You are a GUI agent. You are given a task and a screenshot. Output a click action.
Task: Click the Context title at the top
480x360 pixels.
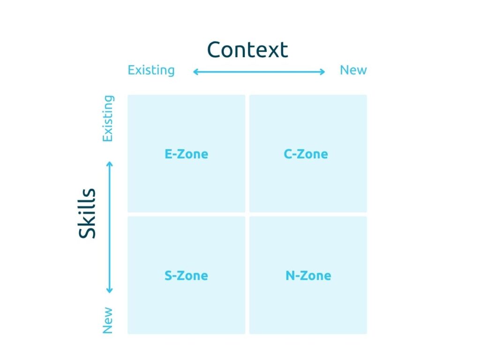(247, 50)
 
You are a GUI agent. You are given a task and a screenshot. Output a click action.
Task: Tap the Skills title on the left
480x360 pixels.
(87, 213)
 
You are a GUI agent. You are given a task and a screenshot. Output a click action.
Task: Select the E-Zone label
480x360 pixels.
(187, 154)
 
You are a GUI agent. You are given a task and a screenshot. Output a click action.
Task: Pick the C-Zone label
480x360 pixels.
(306, 154)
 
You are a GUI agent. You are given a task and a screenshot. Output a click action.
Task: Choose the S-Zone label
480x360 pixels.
(187, 276)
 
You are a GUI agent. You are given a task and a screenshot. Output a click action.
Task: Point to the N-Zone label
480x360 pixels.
(308, 276)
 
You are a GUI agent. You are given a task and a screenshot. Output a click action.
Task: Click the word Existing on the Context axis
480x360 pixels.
(151, 70)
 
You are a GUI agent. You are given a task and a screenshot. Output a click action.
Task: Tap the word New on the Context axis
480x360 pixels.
(353, 70)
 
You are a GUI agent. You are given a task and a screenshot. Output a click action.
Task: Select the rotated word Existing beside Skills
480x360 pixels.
(108, 119)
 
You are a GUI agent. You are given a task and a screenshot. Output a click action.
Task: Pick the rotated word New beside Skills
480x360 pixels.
(107, 321)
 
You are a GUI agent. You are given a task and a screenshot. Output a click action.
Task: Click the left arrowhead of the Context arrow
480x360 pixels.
(195, 72)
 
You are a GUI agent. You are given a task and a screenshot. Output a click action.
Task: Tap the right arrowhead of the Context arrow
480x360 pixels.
(322, 72)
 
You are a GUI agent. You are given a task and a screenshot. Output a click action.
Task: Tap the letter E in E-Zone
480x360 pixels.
(168, 154)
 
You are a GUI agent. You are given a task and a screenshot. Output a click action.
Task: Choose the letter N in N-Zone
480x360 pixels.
(290, 276)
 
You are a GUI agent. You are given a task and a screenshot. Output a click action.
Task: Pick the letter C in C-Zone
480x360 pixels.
(288, 154)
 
